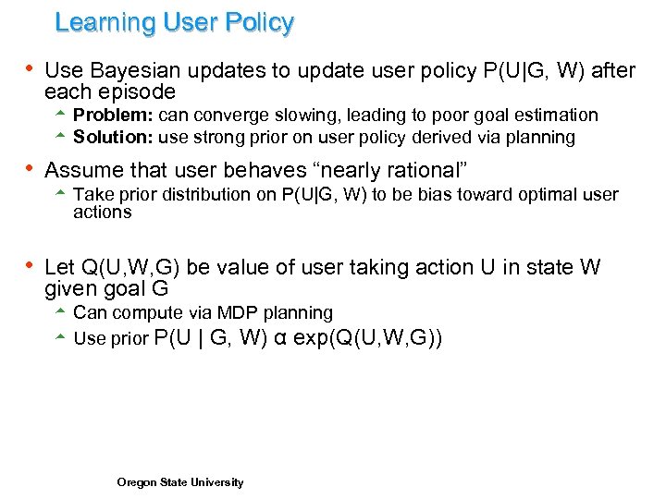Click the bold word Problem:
(114, 116)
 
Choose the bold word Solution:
(114, 138)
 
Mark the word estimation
(555, 116)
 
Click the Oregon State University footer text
(180, 482)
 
